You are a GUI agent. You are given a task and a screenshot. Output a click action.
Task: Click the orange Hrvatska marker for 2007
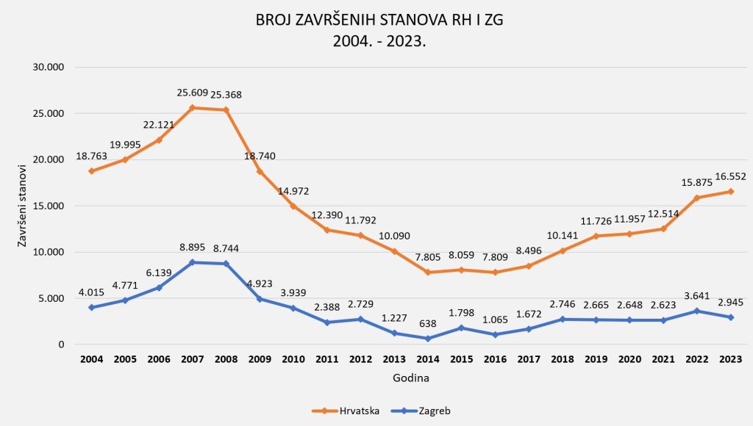pyautogui.click(x=193, y=108)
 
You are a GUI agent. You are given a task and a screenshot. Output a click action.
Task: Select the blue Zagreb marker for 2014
pyautogui.click(x=429, y=339)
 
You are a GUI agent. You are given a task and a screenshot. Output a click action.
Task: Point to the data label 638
pyautogui.click(x=428, y=323)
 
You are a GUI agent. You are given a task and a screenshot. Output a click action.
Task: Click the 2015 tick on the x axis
pyautogui.click(x=463, y=359)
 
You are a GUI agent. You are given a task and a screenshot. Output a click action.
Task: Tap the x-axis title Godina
pyautogui.click(x=410, y=378)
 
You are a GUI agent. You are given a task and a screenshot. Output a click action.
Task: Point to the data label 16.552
pyautogui.click(x=729, y=176)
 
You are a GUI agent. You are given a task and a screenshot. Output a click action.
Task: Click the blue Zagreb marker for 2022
pyautogui.click(x=698, y=311)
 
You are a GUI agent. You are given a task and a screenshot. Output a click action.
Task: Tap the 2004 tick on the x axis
pyautogui.click(x=91, y=359)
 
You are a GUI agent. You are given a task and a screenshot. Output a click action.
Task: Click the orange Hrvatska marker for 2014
pyautogui.click(x=429, y=272)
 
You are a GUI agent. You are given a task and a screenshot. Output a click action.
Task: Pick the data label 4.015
pyautogui.click(x=91, y=292)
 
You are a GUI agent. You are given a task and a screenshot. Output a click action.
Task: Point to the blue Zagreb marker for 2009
pyautogui.click(x=260, y=299)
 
